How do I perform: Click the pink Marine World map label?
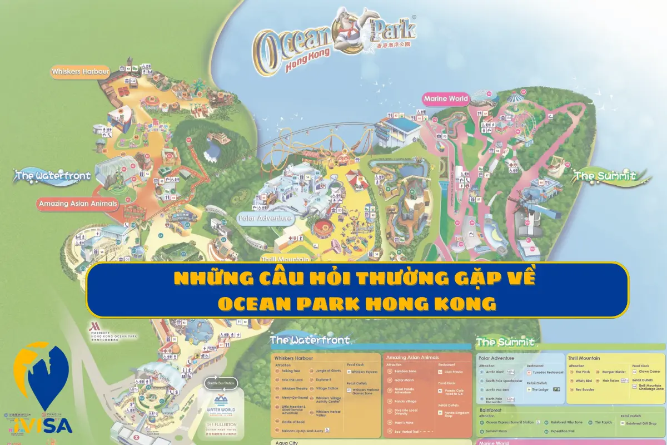(x=446, y=99)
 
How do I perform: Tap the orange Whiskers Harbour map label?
(x=80, y=71)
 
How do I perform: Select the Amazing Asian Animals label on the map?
(x=78, y=204)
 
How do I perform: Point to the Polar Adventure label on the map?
(x=266, y=219)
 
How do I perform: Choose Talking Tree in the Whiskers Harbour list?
(x=290, y=370)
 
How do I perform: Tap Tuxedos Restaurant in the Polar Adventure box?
(x=547, y=372)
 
